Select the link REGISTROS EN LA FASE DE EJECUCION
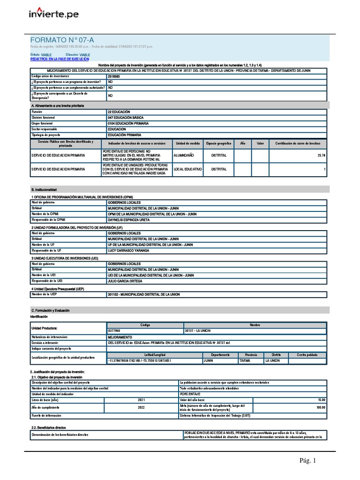pyautogui.click(x=60, y=60)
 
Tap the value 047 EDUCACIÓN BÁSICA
pyautogui.click(x=126, y=118)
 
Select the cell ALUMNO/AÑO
pyautogui.click(x=184, y=155)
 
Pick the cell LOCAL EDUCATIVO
pyautogui.click(x=187, y=169)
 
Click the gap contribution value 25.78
pyautogui.click(x=321, y=155)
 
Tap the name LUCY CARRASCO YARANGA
pyautogui.click(x=128, y=250)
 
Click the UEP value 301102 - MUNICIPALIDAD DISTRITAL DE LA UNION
pyautogui.click(x=144, y=294)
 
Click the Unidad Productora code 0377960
pyautogui.click(x=114, y=330)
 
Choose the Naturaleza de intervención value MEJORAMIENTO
pyautogui.click(x=120, y=337)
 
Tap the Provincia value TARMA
pyautogui.click(x=245, y=361)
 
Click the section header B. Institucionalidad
pyautogui.click(x=49, y=189)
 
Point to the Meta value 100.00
pyautogui.click(x=321, y=407)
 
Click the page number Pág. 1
pyautogui.click(x=308, y=461)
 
